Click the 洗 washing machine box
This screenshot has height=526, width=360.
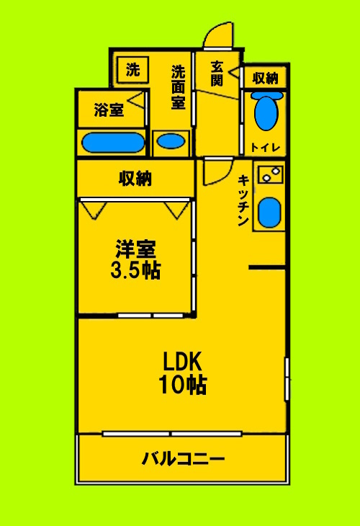(133, 70)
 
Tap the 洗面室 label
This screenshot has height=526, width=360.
(178, 87)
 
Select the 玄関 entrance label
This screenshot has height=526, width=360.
(217, 73)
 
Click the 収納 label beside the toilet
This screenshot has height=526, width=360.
(266, 77)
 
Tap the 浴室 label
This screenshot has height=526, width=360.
(109, 110)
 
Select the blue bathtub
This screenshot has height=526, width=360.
(112, 142)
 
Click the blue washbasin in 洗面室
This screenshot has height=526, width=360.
(171, 141)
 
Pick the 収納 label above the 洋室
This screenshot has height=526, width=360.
(135, 178)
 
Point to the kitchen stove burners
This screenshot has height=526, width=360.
(271, 174)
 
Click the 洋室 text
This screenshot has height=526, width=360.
(135, 249)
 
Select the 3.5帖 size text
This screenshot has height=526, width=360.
(135, 271)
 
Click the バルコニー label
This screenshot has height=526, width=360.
(183, 458)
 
